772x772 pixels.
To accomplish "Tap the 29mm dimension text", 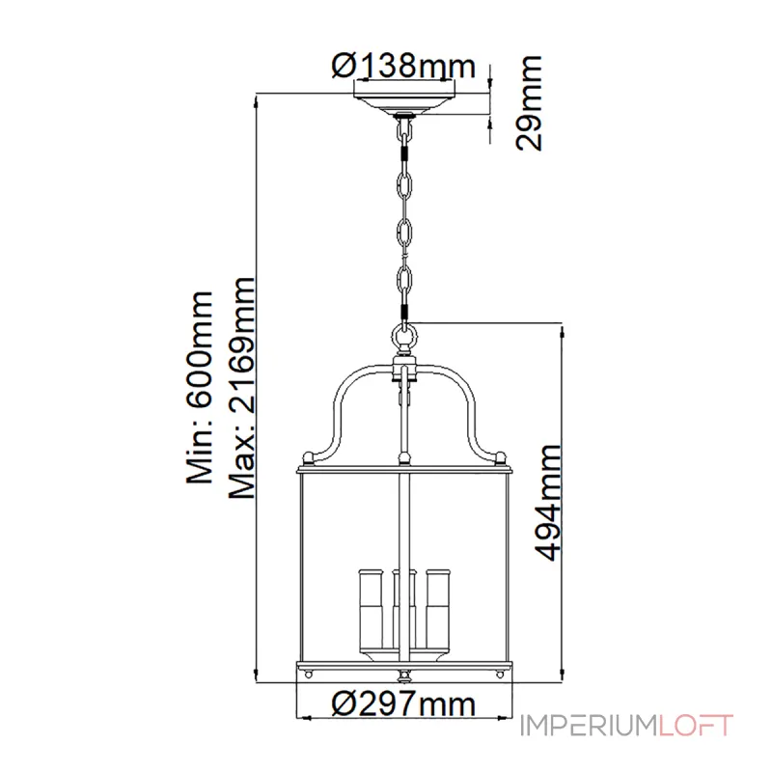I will click(x=529, y=104).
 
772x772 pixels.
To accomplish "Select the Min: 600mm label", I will click(x=199, y=386).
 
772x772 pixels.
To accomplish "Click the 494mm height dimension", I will click(x=549, y=502).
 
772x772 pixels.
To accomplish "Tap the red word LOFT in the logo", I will click(x=696, y=726).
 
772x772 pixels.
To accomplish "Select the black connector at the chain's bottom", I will click(x=404, y=311).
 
